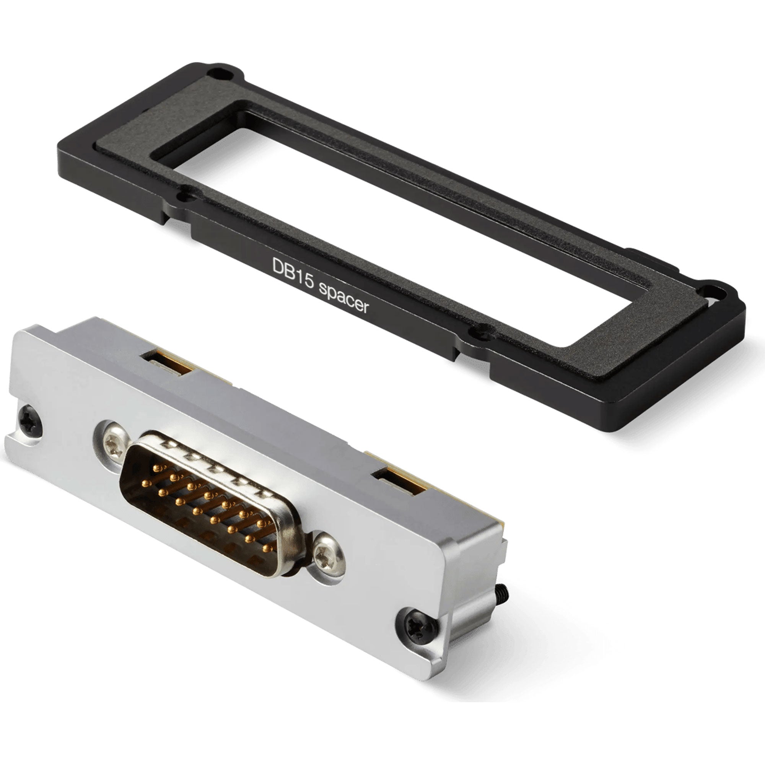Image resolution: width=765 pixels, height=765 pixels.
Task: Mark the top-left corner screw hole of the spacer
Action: tap(217, 74)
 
